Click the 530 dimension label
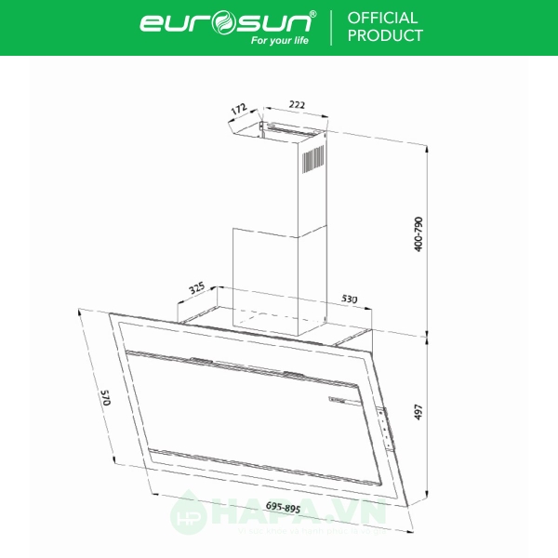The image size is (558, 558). (x=349, y=299)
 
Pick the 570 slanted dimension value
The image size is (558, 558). (x=105, y=402)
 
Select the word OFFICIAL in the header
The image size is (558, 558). (x=382, y=18)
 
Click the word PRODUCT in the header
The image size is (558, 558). (x=385, y=36)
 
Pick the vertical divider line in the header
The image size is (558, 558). (x=332, y=27)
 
